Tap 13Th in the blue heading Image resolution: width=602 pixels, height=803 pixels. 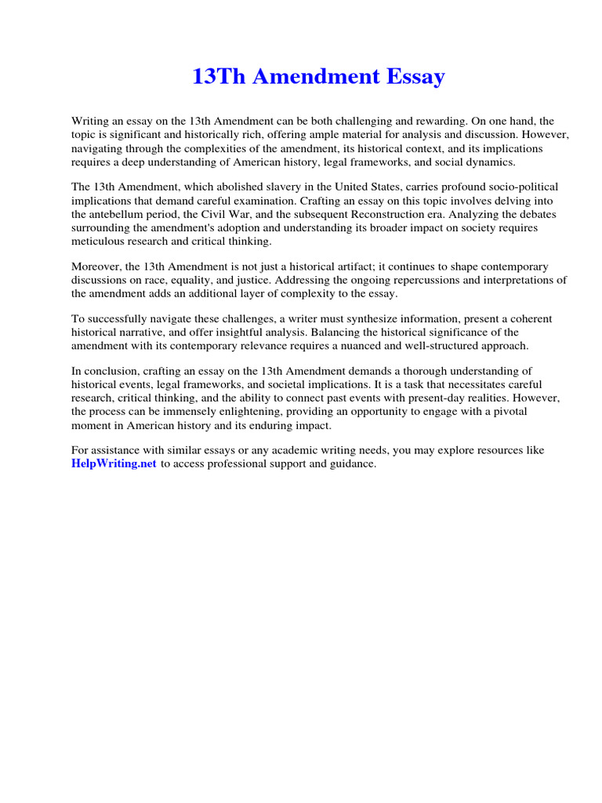coord(216,77)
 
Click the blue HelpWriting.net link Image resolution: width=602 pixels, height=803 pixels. coord(114,464)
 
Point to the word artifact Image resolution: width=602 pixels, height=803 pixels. coord(368,267)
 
